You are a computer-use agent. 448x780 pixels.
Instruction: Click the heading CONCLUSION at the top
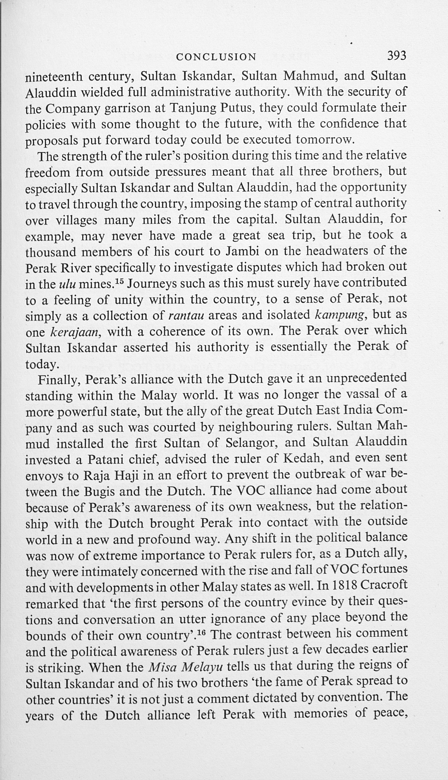pos(216,57)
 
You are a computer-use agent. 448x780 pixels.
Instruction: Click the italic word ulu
pos(67,284)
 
